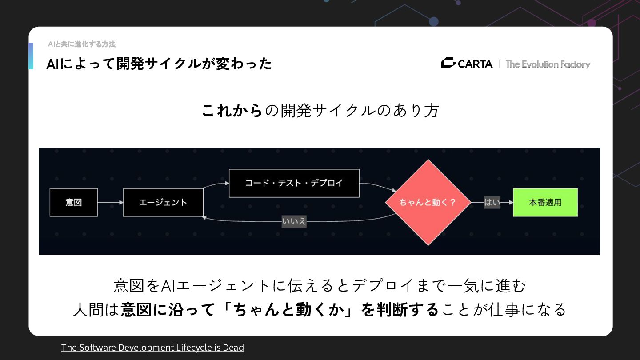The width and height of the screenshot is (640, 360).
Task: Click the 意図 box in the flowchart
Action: click(x=73, y=202)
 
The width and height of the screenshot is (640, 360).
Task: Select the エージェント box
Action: click(x=163, y=202)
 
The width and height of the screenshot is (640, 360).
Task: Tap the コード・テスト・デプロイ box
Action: click(x=294, y=183)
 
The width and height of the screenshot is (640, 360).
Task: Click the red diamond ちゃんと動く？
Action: click(x=428, y=202)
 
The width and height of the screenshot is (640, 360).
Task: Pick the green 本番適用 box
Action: click(x=545, y=202)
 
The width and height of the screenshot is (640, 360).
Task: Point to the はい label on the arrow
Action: click(x=492, y=202)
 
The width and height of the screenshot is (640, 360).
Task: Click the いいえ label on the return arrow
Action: click(x=294, y=221)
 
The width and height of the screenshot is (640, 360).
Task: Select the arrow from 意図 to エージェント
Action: click(x=110, y=202)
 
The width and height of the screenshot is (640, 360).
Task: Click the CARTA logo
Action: click(x=467, y=64)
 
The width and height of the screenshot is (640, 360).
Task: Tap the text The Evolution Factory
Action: click(x=548, y=64)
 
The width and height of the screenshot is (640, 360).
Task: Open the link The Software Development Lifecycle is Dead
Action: click(x=152, y=347)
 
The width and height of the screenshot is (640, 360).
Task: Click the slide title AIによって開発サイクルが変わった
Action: click(x=159, y=64)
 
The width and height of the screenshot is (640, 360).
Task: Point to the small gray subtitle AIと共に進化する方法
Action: click(x=82, y=44)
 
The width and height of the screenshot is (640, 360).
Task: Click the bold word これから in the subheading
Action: click(x=232, y=110)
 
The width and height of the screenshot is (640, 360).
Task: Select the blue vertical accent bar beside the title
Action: click(x=31, y=56)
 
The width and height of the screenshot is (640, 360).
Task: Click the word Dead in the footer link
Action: click(x=233, y=347)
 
